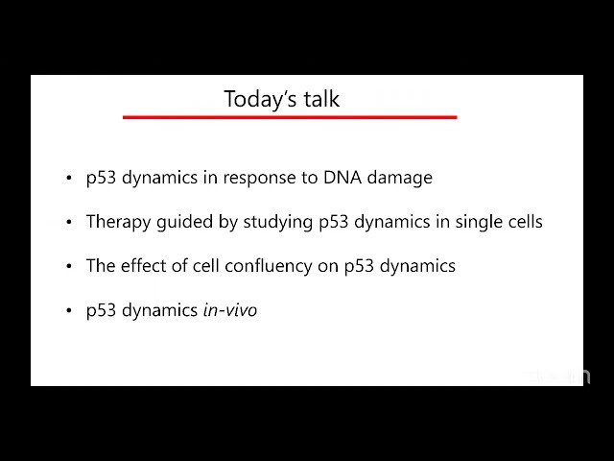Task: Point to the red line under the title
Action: [x=290, y=117]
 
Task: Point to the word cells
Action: [x=523, y=222]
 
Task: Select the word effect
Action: [x=144, y=266]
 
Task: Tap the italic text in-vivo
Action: [x=229, y=311]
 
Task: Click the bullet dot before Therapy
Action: [x=69, y=223]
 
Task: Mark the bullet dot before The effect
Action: [x=69, y=267]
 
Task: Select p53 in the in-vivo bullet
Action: [x=101, y=311]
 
